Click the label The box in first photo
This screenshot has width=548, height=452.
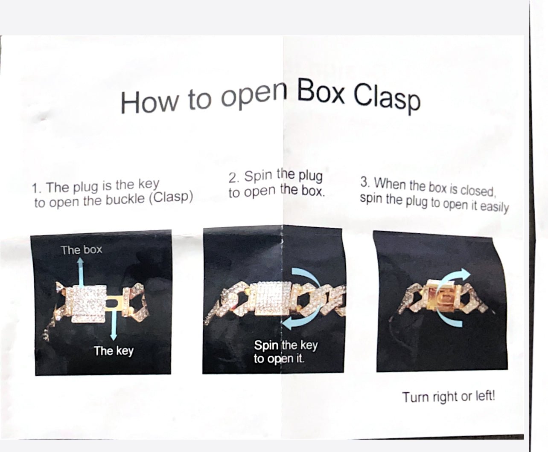click(x=82, y=250)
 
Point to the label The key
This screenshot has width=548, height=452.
click(x=114, y=351)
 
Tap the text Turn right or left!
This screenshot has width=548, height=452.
click(x=449, y=397)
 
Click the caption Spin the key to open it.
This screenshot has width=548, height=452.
click(x=286, y=352)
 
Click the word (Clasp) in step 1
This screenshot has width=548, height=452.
click(x=171, y=197)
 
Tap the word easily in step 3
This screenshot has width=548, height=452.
click(x=495, y=207)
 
